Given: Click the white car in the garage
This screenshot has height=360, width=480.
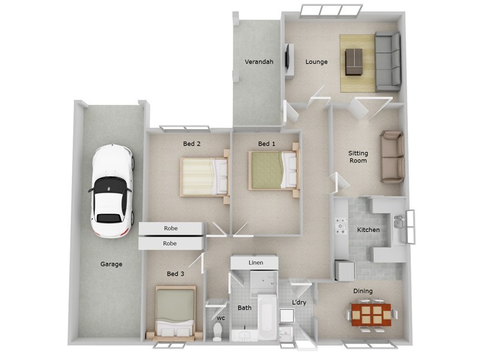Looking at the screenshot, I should pos(111,191).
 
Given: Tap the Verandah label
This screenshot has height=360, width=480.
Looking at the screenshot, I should pos(259,62).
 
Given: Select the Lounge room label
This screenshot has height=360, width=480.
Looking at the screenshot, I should pos(316,62).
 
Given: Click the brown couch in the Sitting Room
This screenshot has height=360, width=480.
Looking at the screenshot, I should pos(392,157).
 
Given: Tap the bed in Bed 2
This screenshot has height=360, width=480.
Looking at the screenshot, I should pos(205,176).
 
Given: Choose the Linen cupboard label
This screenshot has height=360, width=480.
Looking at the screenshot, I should pos(255,263).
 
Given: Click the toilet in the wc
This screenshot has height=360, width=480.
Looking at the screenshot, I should pos(218,331).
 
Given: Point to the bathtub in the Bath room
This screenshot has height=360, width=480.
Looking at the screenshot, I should pos(266,318).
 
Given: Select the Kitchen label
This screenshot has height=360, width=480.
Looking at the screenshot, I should pos(368,230).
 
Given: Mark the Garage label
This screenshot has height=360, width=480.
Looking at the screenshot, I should pos(111,264).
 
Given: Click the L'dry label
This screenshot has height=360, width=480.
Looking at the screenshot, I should pos(299,302).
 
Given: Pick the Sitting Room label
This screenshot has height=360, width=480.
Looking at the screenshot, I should pos(358,157).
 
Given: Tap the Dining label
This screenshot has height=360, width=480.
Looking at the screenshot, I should pos(362,291).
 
